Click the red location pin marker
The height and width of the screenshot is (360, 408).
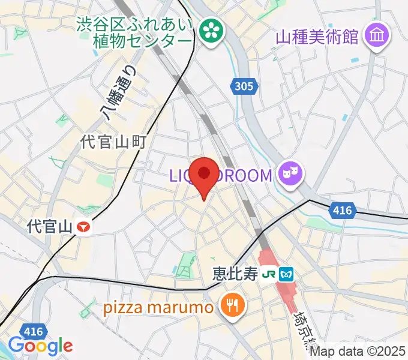tap(204, 176)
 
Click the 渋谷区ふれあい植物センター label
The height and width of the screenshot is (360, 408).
tap(134, 33)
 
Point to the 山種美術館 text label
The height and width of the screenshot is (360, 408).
tap(317, 37)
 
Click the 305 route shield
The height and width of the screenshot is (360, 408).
tap(244, 87)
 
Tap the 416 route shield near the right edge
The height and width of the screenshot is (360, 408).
tap(343, 211)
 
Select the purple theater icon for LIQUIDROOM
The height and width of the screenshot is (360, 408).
tap(292, 175)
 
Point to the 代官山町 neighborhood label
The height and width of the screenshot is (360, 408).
tap(114, 142)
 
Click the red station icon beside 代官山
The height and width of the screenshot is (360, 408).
tap(85, 227)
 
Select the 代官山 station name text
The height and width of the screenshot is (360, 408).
tap(50, 227)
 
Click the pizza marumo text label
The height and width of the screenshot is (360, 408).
tap(158, 308)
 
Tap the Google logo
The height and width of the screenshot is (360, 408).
tap(40, 345)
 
